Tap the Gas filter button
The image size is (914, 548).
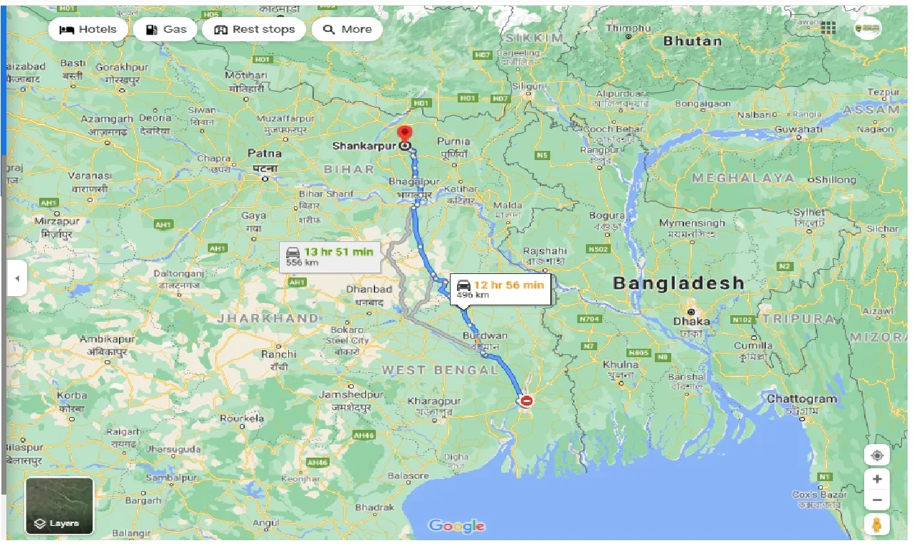click(x=165, y=29)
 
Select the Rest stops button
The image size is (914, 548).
click(x=253, y=29)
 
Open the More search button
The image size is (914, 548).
click(x=347, y=29)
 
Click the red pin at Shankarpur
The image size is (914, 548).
click(x=405, y=134)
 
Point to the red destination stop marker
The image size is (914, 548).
click(x=527, y=401)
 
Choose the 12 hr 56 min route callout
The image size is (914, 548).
click(x=500, y=288)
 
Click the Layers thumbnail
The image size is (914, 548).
click(x=60, y=506)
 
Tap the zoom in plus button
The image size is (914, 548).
click(x=877, y=479)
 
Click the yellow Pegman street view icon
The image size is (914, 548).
click(x=877, y=525)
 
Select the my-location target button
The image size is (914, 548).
click(x=877, y=455)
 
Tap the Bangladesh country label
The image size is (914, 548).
click(x=678, y=283)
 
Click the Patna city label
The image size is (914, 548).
click(x=264, y=153)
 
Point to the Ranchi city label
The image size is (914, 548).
click(x=278, y=354)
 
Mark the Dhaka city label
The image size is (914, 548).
click(x=691, y=321)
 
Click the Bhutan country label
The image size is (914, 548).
click(x=692, y=41)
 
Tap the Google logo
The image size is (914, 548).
click(x=457, y=526)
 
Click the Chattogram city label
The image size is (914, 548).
click(x=802, y=399)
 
